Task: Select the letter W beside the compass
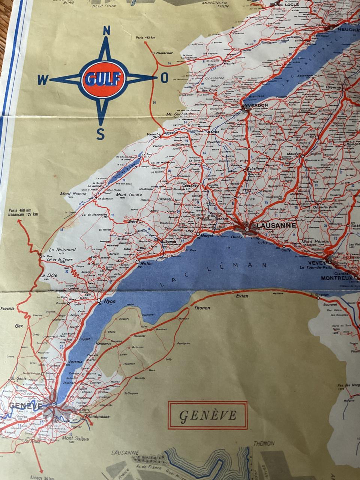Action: (x=43, y=79)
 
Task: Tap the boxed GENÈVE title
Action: (x=208, y=415)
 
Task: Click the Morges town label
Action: (x=207, y=235)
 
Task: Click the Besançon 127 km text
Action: (x=22, y=215)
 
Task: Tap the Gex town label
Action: (x=19, y=326)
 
